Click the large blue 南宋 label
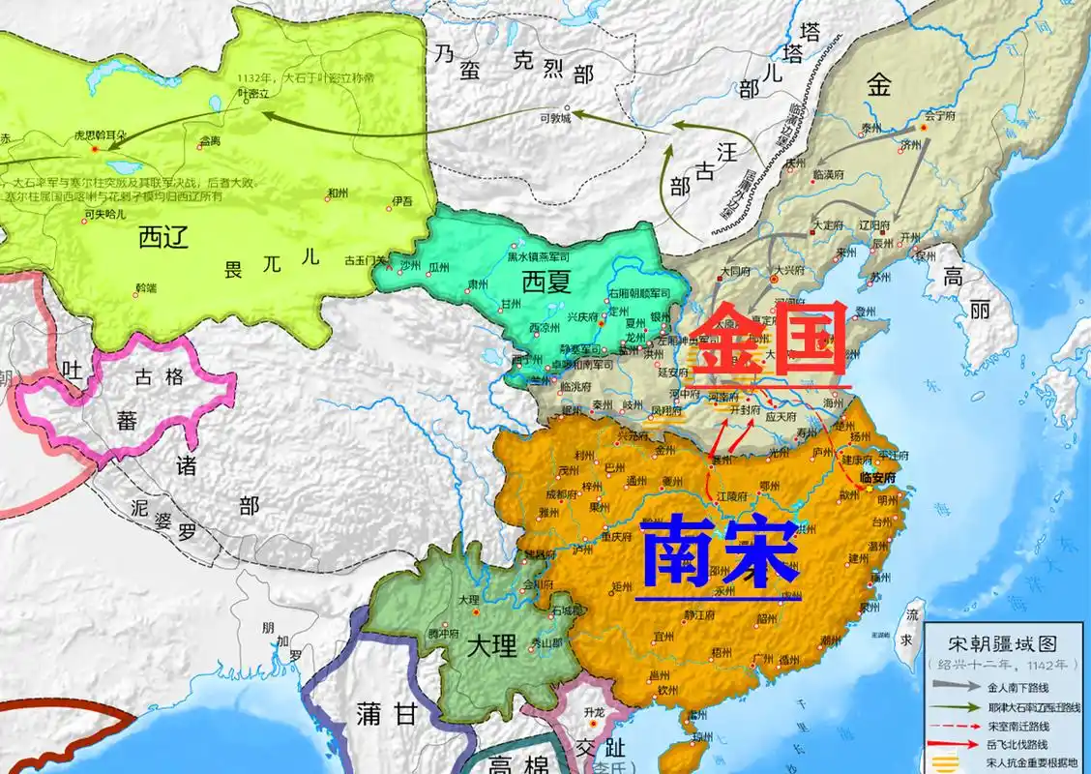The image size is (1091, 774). pos(720,554)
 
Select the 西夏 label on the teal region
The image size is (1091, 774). pos(548,283)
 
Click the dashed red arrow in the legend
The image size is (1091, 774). pos(955,726)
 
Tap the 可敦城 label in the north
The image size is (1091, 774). pos(555,118)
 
